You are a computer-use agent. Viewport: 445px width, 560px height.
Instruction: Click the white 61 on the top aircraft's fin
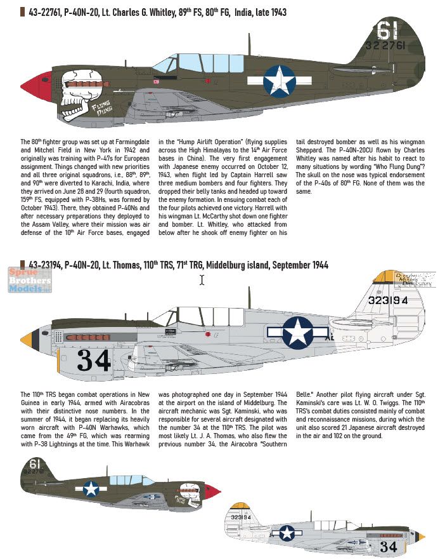coord(385,30)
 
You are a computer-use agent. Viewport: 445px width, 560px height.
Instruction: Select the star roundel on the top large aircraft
coord(279,81)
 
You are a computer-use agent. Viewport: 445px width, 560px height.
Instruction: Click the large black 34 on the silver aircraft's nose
coord(94,361)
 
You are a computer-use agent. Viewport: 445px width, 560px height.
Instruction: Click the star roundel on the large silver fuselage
coord(298,332)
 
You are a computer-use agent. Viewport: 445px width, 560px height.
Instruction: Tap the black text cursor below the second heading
coord(202,279)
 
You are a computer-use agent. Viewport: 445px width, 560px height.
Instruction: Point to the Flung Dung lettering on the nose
coord(101,112)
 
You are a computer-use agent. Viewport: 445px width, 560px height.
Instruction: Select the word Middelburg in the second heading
coord(224,265)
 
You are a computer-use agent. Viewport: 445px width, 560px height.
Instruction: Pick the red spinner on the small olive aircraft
coord(216,490)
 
